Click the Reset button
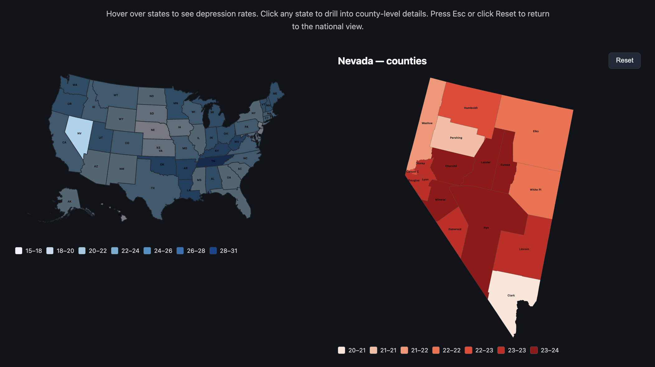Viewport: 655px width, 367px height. point(624,60)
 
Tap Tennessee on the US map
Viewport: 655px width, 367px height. point(213,161)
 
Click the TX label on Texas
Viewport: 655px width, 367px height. point(153,188)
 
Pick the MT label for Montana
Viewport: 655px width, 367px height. point(116,95)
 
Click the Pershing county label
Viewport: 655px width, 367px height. point(456,138)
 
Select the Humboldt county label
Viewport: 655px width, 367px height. point(471,108)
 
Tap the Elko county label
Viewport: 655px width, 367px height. point(536,131)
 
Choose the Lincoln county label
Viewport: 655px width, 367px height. point(524,249)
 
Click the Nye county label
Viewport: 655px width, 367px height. point(486,228)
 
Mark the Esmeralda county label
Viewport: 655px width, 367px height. point(455,229)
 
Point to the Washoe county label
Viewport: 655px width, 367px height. point(427,123)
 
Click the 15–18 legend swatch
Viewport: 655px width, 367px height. point(19,251)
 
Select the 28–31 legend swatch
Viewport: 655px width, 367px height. point(213,251)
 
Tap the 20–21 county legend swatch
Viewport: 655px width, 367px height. point(342,350)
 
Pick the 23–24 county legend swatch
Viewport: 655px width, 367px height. point(534,350)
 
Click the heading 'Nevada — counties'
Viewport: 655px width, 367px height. point(382,61)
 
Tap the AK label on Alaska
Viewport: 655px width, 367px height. point(69,202)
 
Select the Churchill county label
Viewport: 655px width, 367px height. point(451,166)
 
